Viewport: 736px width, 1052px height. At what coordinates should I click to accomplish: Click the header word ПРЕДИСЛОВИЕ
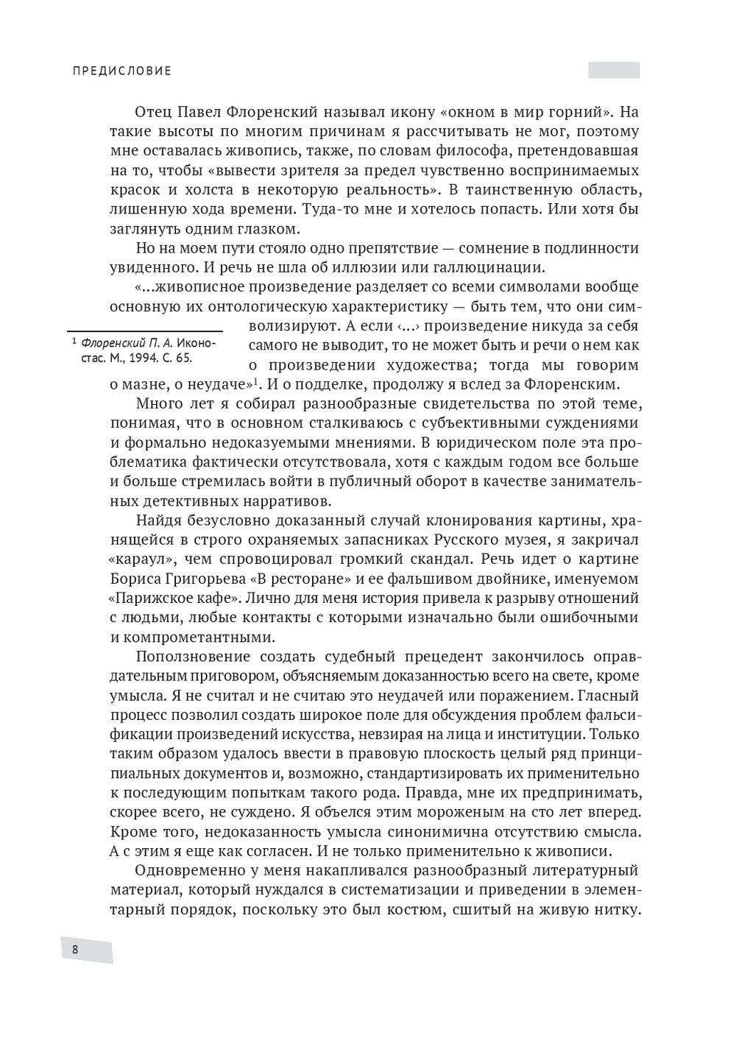pyautogui.click(x=122, y=71)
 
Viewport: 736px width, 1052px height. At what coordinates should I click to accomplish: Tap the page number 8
pyautogui.click(x=75, y=950)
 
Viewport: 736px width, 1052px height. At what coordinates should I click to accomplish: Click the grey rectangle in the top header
pyautogui.click(x=614, y=71)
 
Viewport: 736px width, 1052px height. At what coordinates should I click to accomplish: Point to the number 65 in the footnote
pyautogui.click(x=184, y=359)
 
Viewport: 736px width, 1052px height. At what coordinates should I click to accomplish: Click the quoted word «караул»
pyautogui.click(x=142, y=559)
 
